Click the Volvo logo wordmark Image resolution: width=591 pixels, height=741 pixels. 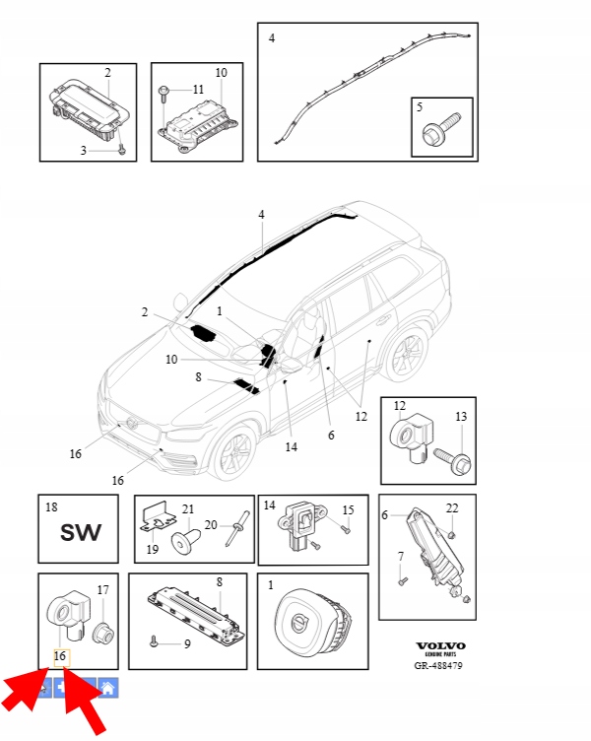[440, 645]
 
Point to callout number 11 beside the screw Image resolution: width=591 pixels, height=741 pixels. [198, 90]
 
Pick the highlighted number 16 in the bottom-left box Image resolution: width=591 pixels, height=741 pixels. [59, 656]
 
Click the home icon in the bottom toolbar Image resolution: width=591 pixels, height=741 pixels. [108, 687]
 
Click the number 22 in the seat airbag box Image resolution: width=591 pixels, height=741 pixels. [452, 507]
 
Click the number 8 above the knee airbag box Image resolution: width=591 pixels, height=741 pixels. [219, 581]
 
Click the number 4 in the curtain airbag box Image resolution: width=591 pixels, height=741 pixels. [272, 38]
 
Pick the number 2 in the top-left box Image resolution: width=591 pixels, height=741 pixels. [107, 73]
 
